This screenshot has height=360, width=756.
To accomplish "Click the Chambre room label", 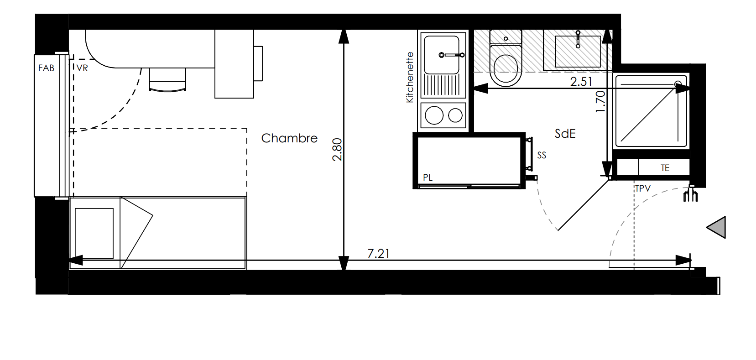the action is point(289,138).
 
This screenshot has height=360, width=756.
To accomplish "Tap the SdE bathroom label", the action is point(565,134).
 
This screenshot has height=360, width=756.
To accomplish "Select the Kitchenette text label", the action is point(410,77).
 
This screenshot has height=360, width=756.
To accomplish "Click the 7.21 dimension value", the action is point(378,253).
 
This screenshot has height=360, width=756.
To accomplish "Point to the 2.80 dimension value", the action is point(337,150).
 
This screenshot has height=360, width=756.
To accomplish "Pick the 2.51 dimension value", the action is point(581,82).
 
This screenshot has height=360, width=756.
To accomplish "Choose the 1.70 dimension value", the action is point(601,102).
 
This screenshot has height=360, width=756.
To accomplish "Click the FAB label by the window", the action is point(46,68).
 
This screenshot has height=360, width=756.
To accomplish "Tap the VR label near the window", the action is point(82,68).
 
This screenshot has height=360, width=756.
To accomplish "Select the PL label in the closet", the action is point(428,177).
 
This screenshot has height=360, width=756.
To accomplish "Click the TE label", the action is point(665,168).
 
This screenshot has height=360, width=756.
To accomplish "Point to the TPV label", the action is point(642,188).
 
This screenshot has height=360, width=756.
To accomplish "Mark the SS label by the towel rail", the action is point(542,155).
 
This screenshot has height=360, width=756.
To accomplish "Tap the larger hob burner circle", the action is point(434,115).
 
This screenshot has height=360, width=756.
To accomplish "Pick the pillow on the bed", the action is point(94,234).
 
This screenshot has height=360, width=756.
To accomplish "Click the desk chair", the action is point(167,80).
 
